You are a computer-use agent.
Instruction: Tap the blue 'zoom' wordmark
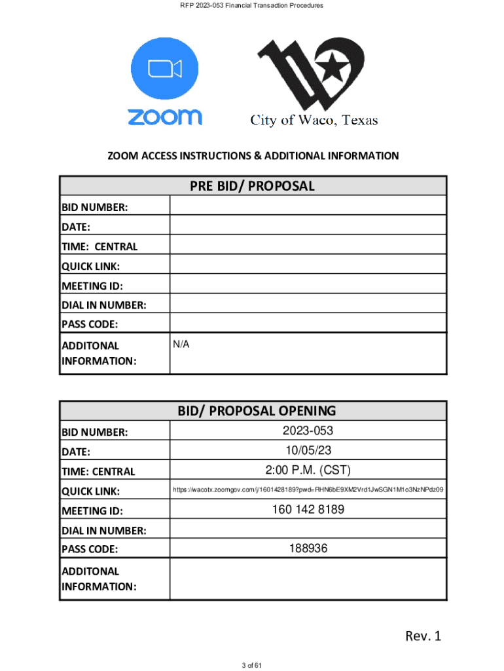164,117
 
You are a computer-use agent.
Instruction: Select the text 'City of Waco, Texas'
314,120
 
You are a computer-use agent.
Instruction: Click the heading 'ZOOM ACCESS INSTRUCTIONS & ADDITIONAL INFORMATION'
253,156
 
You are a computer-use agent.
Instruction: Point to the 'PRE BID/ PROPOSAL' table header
253,186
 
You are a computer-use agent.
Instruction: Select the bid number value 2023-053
308,431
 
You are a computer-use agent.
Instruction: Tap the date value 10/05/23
308,451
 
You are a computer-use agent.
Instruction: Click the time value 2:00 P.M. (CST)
308,470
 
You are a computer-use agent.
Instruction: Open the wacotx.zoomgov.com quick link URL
308,490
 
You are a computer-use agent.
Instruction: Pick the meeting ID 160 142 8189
308,510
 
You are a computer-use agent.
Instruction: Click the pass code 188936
308,549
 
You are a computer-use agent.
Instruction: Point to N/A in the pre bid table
181,345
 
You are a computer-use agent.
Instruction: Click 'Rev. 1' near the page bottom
423,636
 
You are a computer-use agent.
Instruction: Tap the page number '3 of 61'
252,666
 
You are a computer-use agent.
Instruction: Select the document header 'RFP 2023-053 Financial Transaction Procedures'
252,6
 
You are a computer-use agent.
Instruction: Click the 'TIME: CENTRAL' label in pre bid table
99,247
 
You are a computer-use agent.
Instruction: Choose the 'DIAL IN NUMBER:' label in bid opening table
104,531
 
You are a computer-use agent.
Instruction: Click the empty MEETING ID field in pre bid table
308,286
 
